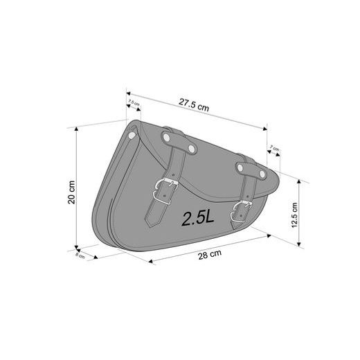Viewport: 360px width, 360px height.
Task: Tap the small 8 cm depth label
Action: click(x=81, y=255)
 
